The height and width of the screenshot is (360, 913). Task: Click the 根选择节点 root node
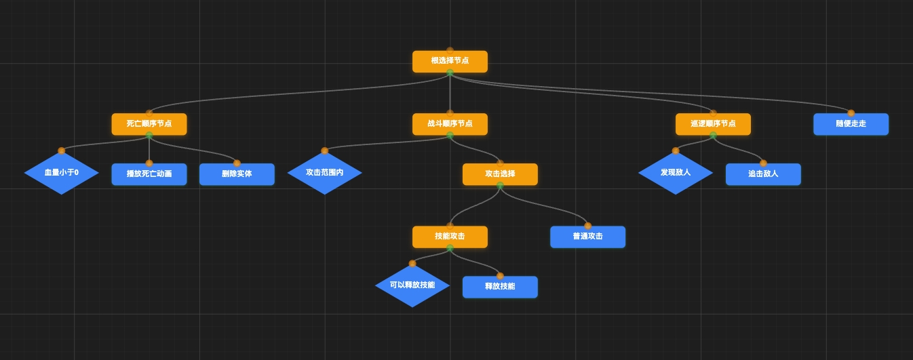click(450, 61)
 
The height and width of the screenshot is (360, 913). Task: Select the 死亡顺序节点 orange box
click(149, 124)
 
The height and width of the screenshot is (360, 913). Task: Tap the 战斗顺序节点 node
click(450, 124)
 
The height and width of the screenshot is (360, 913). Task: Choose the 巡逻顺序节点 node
click(713, 124)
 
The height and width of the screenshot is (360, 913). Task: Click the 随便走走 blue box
click(851, 124)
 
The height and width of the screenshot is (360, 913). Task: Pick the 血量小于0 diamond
click(62, 173)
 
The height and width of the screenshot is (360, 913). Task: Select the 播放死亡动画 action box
click(149, 174)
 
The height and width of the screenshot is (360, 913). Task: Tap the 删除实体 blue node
click(237, 174)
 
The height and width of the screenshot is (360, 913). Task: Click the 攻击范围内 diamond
click(324, 173)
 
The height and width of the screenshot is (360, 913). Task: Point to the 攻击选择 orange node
click(500, 174)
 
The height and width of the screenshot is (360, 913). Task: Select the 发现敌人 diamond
click(676, 173)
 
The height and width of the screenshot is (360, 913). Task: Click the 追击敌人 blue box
click(763, 174)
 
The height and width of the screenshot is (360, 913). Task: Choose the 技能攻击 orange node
click(450, 237)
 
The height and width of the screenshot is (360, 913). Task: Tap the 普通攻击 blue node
click(587, 237)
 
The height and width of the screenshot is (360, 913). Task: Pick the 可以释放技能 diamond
click(412, 285)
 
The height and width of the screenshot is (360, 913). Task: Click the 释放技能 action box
click(500, 287)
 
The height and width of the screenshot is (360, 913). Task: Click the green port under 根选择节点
click(450, 73)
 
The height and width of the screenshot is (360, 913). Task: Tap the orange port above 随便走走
click(851, 113)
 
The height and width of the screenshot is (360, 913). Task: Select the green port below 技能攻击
click(450, 248)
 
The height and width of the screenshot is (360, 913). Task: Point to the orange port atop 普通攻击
click(587, 226)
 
